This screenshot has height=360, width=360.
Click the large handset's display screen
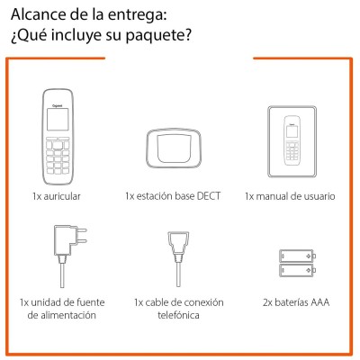[58, 120]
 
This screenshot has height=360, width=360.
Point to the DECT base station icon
[174, 147]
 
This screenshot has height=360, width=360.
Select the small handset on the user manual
[292, 140]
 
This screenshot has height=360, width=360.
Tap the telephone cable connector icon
[178, 258]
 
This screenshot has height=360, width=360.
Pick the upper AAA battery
[297, 256]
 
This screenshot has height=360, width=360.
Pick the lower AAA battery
[297, 270]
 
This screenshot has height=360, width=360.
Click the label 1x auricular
[57, 196]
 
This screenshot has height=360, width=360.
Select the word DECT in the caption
[209, 196]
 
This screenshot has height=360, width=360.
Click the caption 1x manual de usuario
[290, 196]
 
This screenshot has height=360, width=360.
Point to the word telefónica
[178, 315]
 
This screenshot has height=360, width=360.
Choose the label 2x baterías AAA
[296, 302]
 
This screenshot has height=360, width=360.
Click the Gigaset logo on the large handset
[58, 105]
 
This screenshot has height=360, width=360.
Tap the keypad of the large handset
[58, 156]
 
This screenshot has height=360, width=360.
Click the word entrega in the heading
[137, 16]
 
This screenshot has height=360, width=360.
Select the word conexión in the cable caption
[203, 302]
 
